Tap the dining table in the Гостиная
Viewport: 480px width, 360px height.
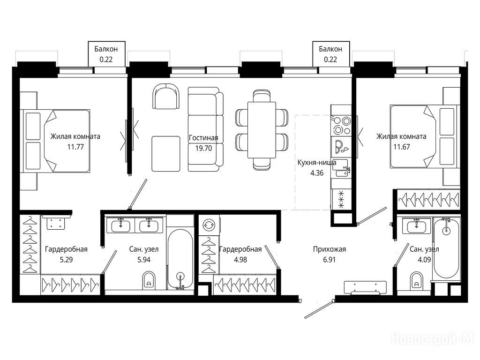click(262, 130)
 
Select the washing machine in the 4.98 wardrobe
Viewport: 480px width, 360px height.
click(209, 225)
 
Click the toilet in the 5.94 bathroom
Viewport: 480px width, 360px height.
click(149, 280)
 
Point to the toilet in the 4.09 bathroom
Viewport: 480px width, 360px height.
click(417, 280)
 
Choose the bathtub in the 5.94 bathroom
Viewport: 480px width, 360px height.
click(180, 259)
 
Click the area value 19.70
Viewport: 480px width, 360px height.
click(203, 149)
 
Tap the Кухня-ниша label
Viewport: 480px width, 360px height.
click(317, 163)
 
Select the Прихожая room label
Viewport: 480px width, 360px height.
click(330, 249)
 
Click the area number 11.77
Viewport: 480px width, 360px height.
click(75, 147)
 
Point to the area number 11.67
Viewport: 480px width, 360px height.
click(402, 147)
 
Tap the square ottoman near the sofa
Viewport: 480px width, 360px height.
click(166, 154)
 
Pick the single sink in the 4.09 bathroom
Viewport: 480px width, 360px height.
click(417, 226)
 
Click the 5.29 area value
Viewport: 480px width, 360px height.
click(66, 260)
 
